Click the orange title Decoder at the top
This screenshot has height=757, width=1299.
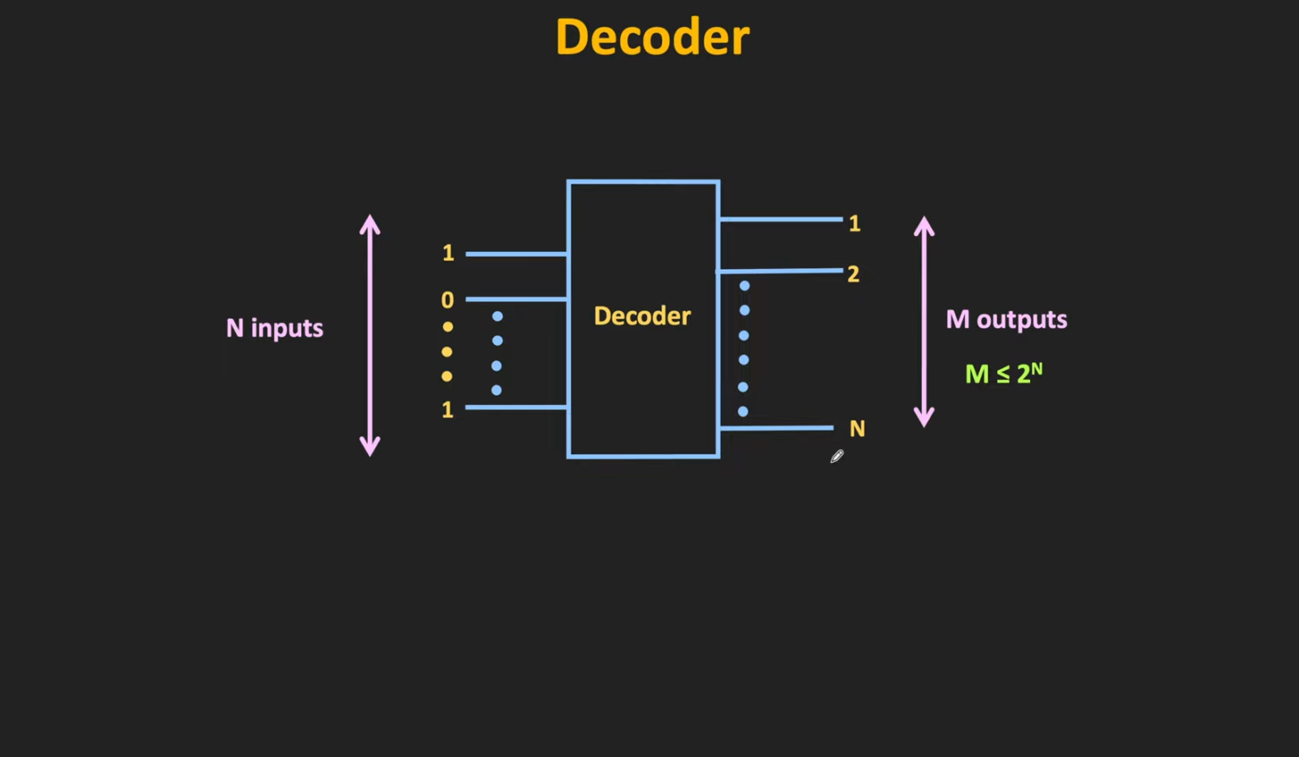click(x=652, y=38)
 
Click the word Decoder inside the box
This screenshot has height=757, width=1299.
click(x=642, y=316)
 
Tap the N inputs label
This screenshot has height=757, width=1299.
click(x=275, y=328)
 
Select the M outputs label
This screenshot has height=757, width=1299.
click(x=1006, y=320)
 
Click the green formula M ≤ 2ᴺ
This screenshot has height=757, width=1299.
click(x=1004, y=373)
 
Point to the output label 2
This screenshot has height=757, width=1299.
click(x=853, y=274)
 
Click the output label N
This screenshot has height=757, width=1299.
click(x=857, y=429)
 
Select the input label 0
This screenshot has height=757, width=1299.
click(x=447, y=300)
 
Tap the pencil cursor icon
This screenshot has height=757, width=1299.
click(x=836, y=457)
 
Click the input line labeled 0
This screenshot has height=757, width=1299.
click(x=516, y=299)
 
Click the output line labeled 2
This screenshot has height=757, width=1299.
click(x=780, y=271)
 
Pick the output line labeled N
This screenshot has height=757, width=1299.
click(x=776, y=428)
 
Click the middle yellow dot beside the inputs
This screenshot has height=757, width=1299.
click(x=447, y=352)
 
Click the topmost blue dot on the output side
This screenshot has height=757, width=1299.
click(x=744, y=286)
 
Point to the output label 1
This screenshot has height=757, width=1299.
click(x=854, y=223)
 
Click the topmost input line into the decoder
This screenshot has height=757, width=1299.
click(x=516, y=254)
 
